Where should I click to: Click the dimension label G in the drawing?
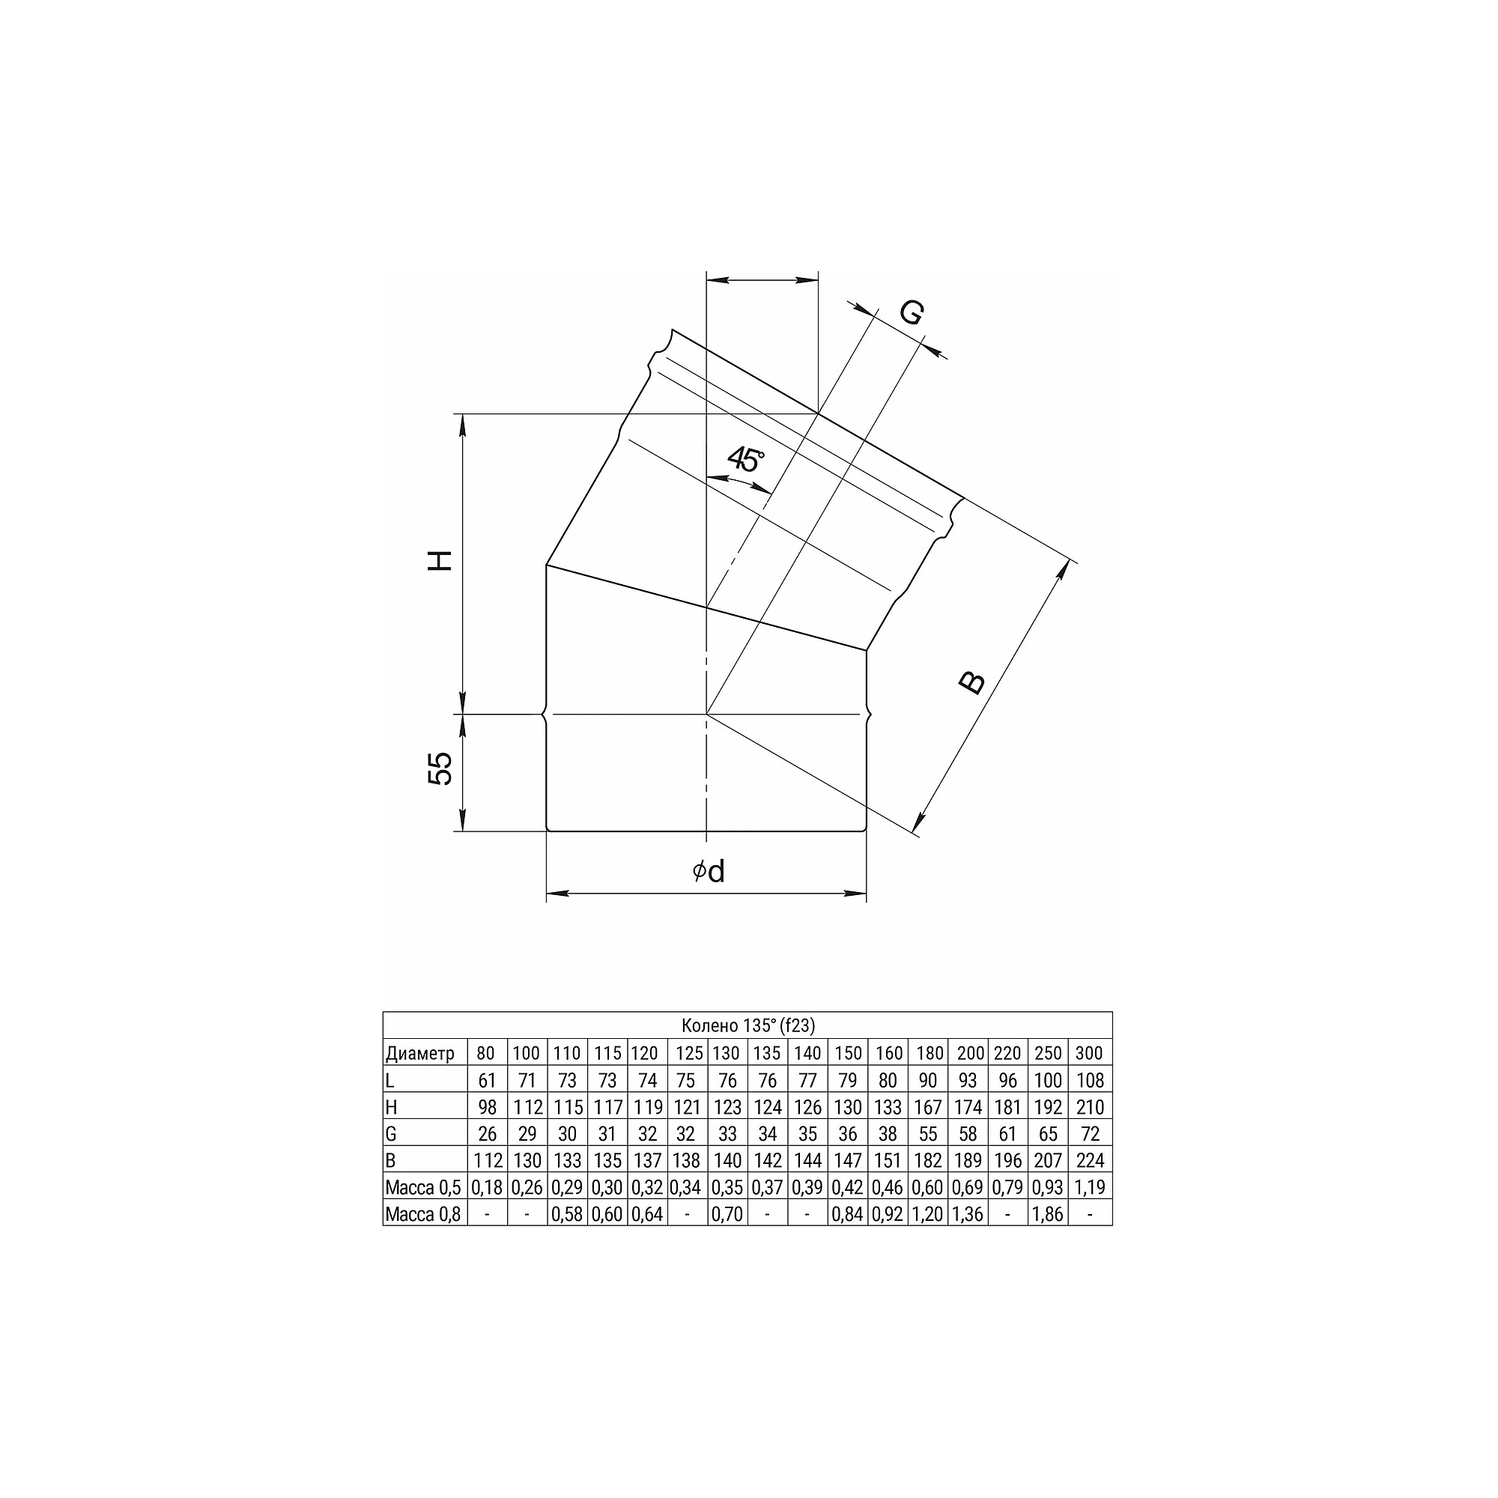(x=912, y=313)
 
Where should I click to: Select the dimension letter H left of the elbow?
(x=440, y=560)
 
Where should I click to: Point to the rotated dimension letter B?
(x=971, y=682)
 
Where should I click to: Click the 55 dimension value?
(x=440, y=768)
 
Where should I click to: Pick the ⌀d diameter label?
(x=709, y=872)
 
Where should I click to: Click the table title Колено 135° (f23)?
(x=748, y=1025)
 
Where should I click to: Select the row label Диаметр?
(x=419, y=1053)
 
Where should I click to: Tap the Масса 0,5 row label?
(x=423, y=1186)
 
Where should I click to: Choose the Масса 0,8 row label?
(x=423, y=1213)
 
